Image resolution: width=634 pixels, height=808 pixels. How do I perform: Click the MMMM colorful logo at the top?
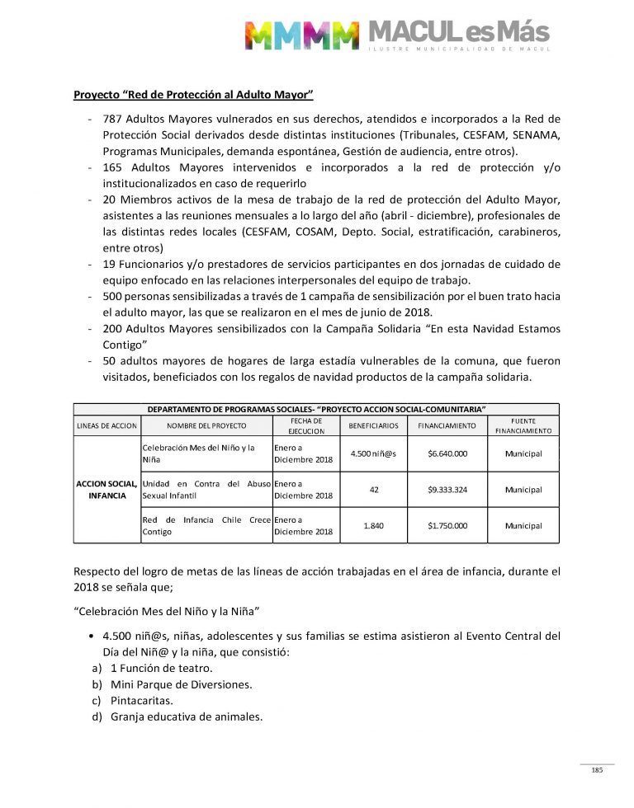[301, 35]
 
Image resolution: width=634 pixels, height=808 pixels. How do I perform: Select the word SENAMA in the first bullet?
[534, 134]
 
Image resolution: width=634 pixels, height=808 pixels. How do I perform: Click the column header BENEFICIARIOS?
[374, 425]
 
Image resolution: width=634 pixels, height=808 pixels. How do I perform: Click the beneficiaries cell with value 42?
[374, 490]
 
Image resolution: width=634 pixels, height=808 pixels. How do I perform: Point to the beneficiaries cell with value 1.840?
[374, 525]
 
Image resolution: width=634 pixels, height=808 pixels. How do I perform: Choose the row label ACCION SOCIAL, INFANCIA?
[106, 490]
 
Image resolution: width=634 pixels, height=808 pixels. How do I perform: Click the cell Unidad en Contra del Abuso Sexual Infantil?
[206, 490]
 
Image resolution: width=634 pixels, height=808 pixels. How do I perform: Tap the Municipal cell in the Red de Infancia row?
[523, 525]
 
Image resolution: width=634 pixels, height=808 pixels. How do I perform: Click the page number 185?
[597, 770]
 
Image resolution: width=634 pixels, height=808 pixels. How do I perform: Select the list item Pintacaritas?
[144, 700]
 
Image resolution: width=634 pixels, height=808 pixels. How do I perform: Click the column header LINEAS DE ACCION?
[106, 425]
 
